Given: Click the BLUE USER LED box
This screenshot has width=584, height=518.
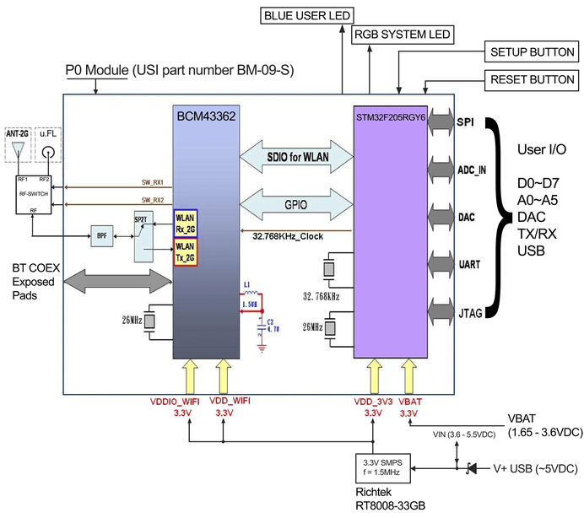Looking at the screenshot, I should [306, 15].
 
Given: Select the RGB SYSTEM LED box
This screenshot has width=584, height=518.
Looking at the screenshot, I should [402, 35].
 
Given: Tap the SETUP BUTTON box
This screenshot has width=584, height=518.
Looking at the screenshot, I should [533, 52].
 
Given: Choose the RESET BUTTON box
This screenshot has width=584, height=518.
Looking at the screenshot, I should [533, 81].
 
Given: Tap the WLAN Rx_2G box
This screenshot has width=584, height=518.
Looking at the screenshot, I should [185, 224].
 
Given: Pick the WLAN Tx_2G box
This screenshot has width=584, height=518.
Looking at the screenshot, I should [185, 251].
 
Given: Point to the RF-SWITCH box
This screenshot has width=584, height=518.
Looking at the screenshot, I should [33, 192].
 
